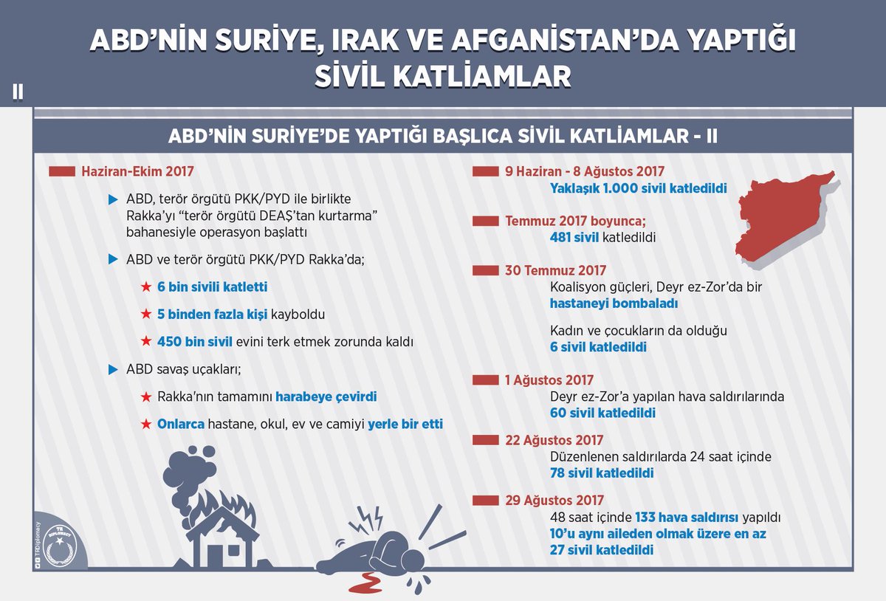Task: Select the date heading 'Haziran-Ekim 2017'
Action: point(137,172)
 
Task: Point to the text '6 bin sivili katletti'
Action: point(213,286)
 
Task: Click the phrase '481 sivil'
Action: point(574,238)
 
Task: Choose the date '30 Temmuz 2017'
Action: point(555,271)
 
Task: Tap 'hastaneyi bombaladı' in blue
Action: point(614,303)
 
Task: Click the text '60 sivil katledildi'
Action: point(602,413)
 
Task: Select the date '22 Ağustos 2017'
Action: point(554,440)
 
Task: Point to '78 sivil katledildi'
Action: point(602,473)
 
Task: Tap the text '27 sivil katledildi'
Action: point(602,550)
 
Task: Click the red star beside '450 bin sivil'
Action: point(146,341)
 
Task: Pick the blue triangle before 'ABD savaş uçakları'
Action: point(113,370)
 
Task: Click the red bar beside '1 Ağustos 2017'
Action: point(485,380)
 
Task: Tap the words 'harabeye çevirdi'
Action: point(326,396)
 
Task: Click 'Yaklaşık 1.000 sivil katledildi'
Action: point(639,188)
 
